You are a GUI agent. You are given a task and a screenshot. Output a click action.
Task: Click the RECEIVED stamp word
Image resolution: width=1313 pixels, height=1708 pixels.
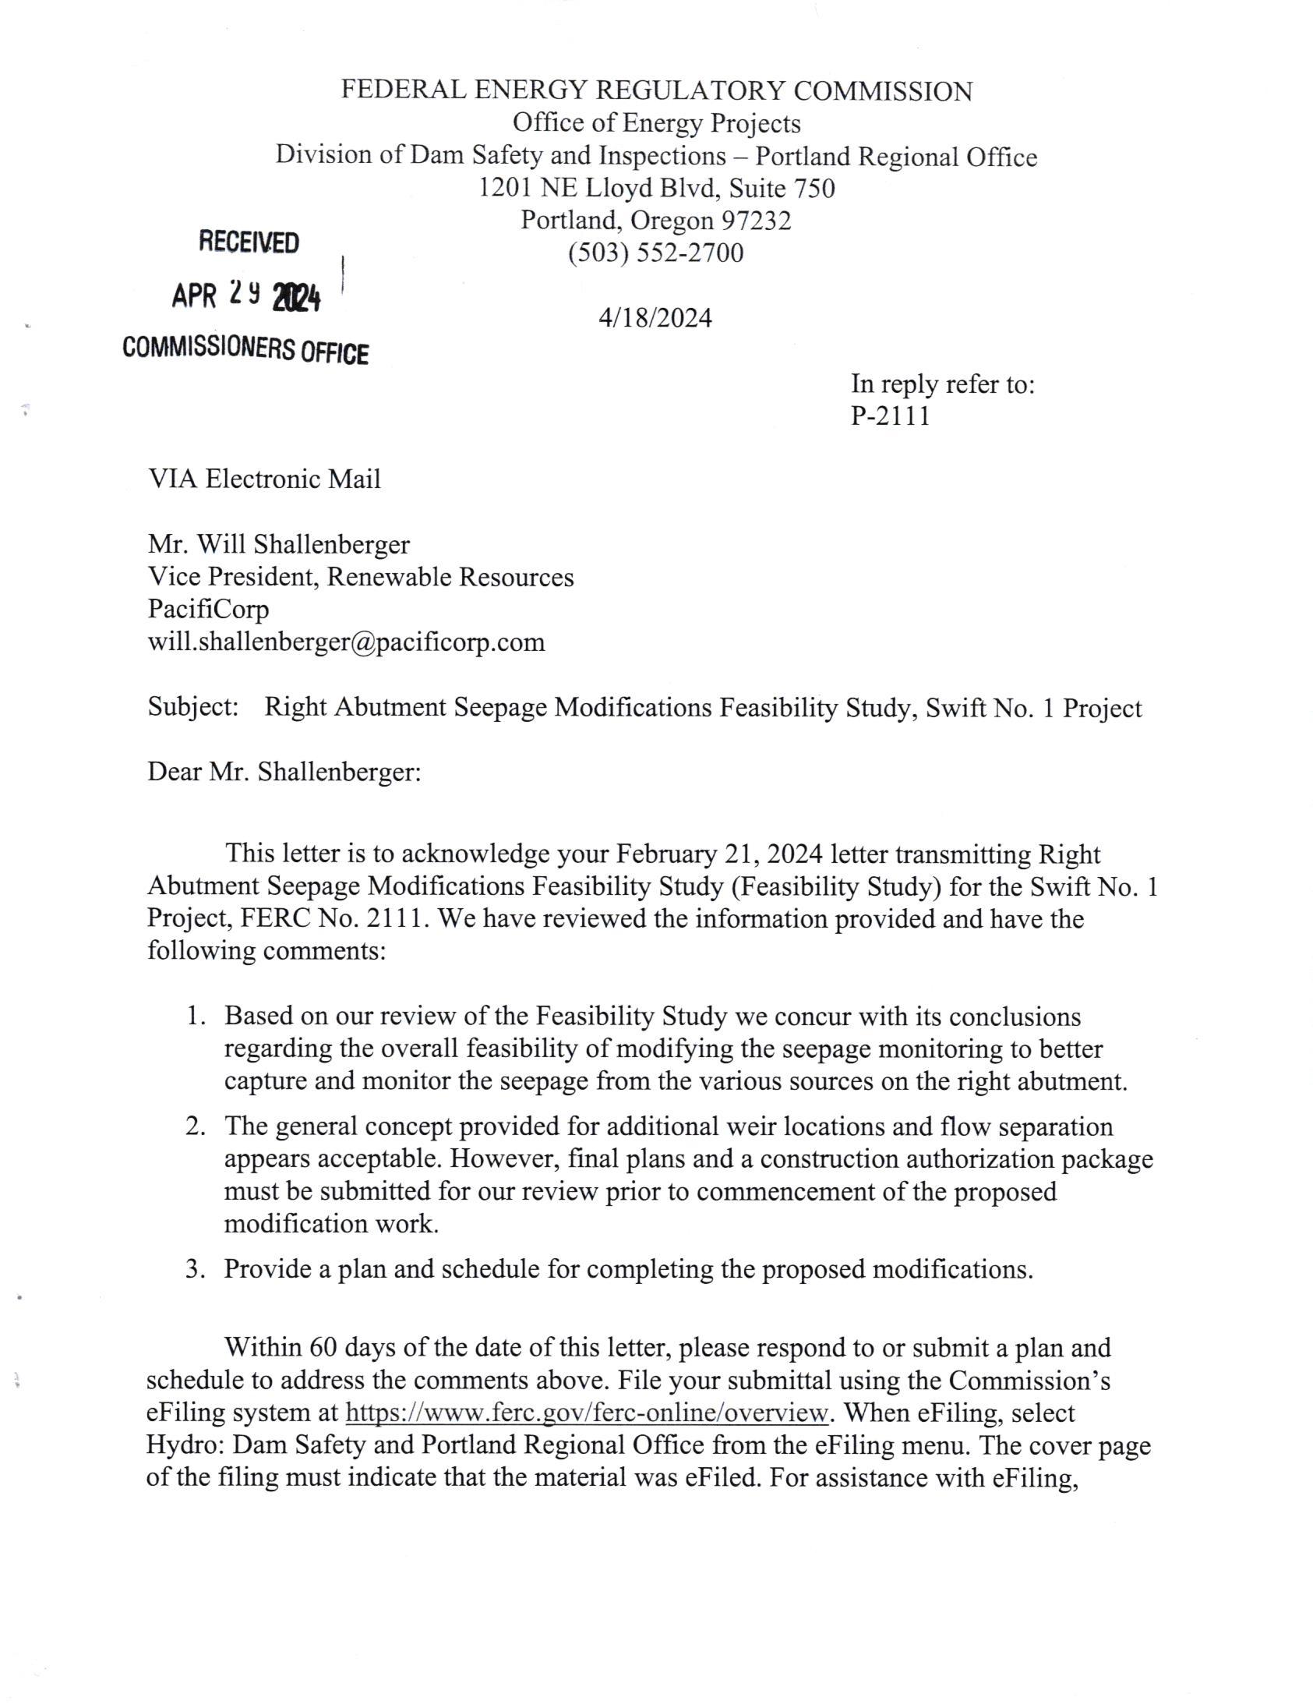(249, 242)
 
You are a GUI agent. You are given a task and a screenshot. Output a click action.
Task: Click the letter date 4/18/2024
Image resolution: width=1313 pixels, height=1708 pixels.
(655, 318)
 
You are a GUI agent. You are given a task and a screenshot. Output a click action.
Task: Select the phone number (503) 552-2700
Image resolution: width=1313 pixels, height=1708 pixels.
(655, 253)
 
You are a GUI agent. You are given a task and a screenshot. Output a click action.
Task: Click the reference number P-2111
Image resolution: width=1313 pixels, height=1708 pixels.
(890, 416)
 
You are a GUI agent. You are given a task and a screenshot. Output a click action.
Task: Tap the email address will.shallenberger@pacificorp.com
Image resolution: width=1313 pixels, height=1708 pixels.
(346, 642)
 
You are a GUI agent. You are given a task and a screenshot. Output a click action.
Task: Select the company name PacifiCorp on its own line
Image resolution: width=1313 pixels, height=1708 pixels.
(208, 609)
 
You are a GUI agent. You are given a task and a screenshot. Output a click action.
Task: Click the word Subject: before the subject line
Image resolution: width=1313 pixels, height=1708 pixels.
(193, 706)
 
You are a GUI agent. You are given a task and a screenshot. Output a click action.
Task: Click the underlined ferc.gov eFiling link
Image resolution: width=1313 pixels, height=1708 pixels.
(586, 1413)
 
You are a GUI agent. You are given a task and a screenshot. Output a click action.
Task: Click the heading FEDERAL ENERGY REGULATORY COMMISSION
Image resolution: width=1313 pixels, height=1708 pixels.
(656, 90)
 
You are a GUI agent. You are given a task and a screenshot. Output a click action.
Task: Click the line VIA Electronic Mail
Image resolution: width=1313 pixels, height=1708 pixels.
(264, 479)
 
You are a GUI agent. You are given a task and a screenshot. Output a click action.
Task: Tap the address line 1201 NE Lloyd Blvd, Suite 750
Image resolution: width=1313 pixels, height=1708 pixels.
(656, 189)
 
